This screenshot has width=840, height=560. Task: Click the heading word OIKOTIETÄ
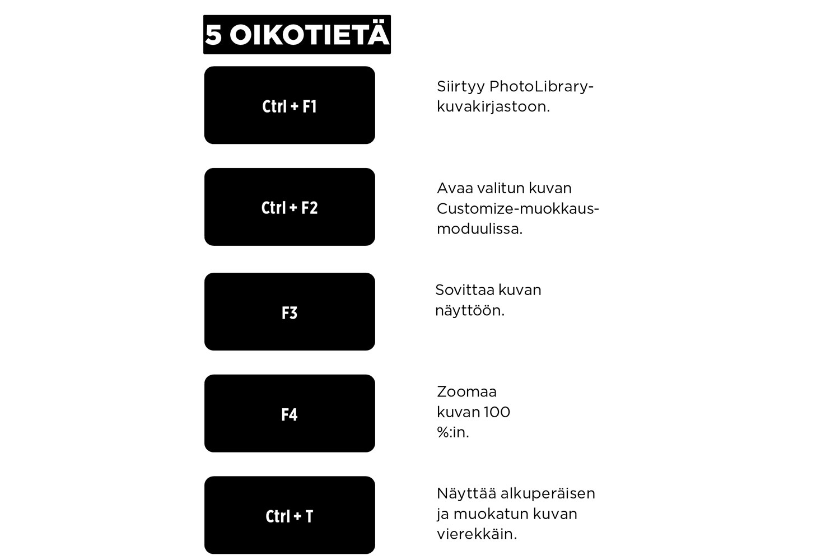click(309, 35)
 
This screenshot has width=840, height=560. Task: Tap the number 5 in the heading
click(213, 35)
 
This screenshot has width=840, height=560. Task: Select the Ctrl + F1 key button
click(290, 105)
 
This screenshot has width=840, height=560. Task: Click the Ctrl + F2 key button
click(290, 207)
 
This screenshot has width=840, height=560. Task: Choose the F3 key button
click(290, 312)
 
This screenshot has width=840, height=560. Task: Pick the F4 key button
click(290, 414)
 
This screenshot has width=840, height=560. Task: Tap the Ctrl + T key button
click(290, 515)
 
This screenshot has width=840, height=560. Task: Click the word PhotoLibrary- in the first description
click(541, 87)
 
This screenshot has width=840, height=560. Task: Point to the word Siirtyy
click(460, 87)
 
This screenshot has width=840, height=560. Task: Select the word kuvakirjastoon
click(493, 107)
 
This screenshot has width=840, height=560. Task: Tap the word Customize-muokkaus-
click(517, 209)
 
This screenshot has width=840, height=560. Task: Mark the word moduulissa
click(479, 229)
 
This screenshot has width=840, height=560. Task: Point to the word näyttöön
click(469, 310)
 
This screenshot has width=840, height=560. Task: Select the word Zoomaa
click(466, 391)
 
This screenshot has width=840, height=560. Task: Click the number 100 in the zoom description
click(497, 412)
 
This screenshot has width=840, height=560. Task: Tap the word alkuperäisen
click(548, 493)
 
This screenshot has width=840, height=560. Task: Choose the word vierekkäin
click(477, 534)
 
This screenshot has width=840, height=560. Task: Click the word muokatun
click(491, 514)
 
